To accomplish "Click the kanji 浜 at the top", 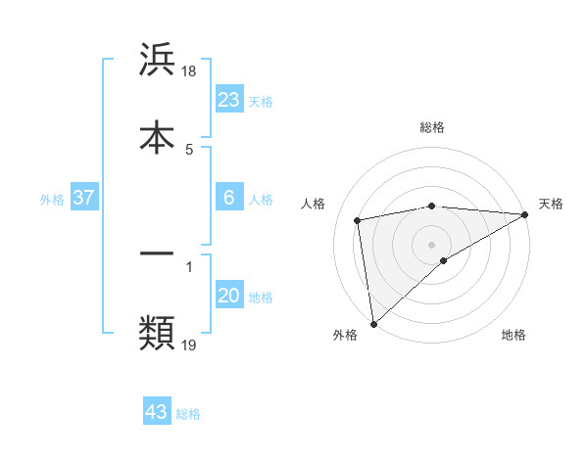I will click(157, 61).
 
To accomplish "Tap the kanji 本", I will click(157, 136).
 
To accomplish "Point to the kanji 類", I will click(157, 333).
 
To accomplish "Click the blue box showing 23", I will click(228, 100).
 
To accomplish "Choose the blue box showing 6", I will click(228, 198).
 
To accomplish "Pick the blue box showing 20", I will click(228, 297).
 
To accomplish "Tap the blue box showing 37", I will click(84, 198).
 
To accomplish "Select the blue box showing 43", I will click(157, 412).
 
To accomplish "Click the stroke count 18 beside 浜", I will click(189, 71).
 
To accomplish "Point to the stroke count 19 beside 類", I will click(189, 345).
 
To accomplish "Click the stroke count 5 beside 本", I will click(189, 149).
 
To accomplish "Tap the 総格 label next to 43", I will click(188, 414).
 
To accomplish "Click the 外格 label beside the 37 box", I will click(52, 199).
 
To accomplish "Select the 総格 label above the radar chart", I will click(431, 127).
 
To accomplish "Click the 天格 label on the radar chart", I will click(551, 204).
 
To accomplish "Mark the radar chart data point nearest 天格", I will click(524, 215).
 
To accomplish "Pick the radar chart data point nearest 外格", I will click(373, 323).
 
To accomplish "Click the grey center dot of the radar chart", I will click(431, 243).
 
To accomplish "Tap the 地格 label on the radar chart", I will click(514, 336).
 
